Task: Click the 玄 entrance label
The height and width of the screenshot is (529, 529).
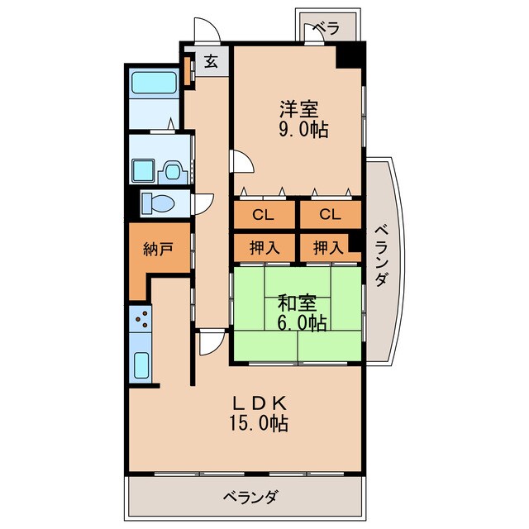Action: click(x=211, y=61)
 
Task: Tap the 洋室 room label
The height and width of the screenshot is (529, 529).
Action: click(x=297, y=108)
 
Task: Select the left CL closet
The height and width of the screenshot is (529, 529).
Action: click(x=263, y=216)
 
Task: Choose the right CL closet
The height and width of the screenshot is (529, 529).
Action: click(x=329, y=216)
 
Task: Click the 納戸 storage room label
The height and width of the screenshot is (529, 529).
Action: click(x=158, y=249)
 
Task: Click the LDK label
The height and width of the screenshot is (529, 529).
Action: click(x=258, y=403)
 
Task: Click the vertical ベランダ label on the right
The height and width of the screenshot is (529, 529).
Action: click(x=381, y=256)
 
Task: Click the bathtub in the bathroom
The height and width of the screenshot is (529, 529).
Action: click(x=155, y=83)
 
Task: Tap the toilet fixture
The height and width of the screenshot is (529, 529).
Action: click(x=156, y=203)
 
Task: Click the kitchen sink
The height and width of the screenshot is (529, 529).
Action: click(x=141, y=364)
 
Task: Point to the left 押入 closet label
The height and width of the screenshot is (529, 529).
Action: click(x=262, y=246)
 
